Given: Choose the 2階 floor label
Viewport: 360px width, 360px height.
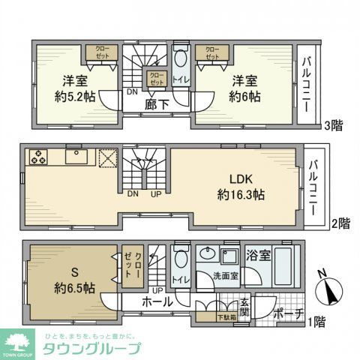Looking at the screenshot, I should click(339, 223).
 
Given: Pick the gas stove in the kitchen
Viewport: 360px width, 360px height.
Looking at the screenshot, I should click(38, 158).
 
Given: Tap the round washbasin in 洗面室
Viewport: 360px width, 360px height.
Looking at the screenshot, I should click(209, 255).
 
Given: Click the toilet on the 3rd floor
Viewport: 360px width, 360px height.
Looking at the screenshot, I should click(180, 64).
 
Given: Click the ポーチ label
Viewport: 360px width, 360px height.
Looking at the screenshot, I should click(287, 313).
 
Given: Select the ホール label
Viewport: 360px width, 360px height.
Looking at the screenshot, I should click(157, 302).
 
